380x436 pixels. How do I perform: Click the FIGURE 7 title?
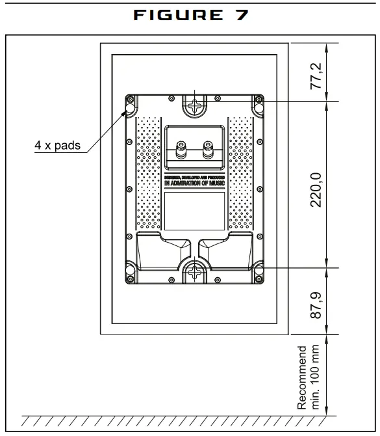coord(190,16)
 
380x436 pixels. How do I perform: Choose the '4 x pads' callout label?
coord(57,146)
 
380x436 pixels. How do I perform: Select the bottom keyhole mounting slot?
coord(194,273)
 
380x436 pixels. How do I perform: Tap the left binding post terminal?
coord(179,149)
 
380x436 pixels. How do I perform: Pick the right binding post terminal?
coord(208,149)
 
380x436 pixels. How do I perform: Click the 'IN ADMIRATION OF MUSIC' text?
coord(194,184)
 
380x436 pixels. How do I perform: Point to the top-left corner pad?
coord(130,105)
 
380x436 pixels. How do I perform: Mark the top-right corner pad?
coord(258,105)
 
